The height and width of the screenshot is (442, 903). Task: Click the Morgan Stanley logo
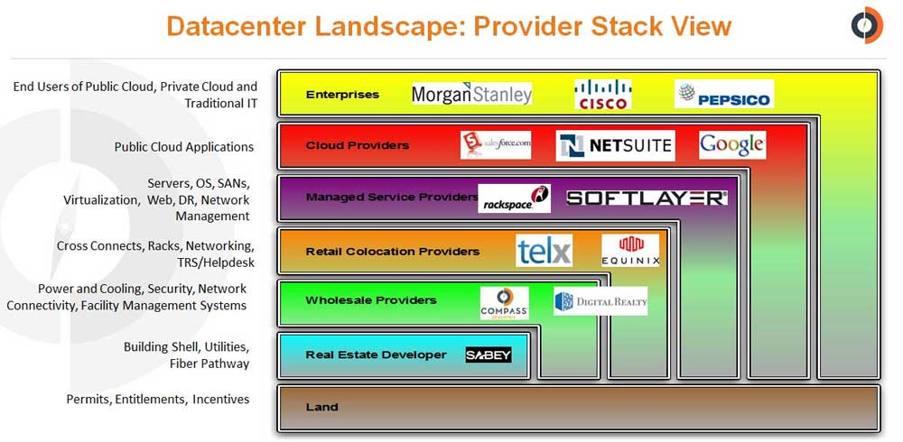(x=471, y=94)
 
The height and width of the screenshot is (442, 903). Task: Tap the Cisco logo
(x=602, y=94)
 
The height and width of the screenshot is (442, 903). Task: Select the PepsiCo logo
(x=723, y=94)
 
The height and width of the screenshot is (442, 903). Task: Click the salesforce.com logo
(x=496, y=144)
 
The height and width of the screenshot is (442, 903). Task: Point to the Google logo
(x=731, y=144)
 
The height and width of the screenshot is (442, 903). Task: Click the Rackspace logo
(x=514, y=198)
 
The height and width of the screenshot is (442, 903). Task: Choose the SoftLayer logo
(x=647, y=198)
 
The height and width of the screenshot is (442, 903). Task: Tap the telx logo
(x=544, y=251)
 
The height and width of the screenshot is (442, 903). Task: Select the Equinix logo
(x=630, y=250)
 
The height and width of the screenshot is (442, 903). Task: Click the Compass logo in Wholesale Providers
(x=504, y=302)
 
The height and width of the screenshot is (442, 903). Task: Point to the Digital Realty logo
(x=600, y=301)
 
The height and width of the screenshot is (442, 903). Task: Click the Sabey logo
(x=489, y=355)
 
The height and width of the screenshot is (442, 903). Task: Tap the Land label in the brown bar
(x=321, y=407)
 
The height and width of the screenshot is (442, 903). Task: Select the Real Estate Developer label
(x=376, y=355)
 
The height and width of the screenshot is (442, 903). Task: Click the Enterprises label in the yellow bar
(x=342, y=94)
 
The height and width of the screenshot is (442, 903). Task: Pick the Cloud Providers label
(x=357, y=145)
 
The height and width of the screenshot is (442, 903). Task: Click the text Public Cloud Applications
(x=183, y=147)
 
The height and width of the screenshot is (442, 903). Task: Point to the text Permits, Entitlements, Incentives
(x=158, y=399)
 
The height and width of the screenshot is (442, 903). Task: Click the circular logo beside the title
(x=867, y=25)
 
